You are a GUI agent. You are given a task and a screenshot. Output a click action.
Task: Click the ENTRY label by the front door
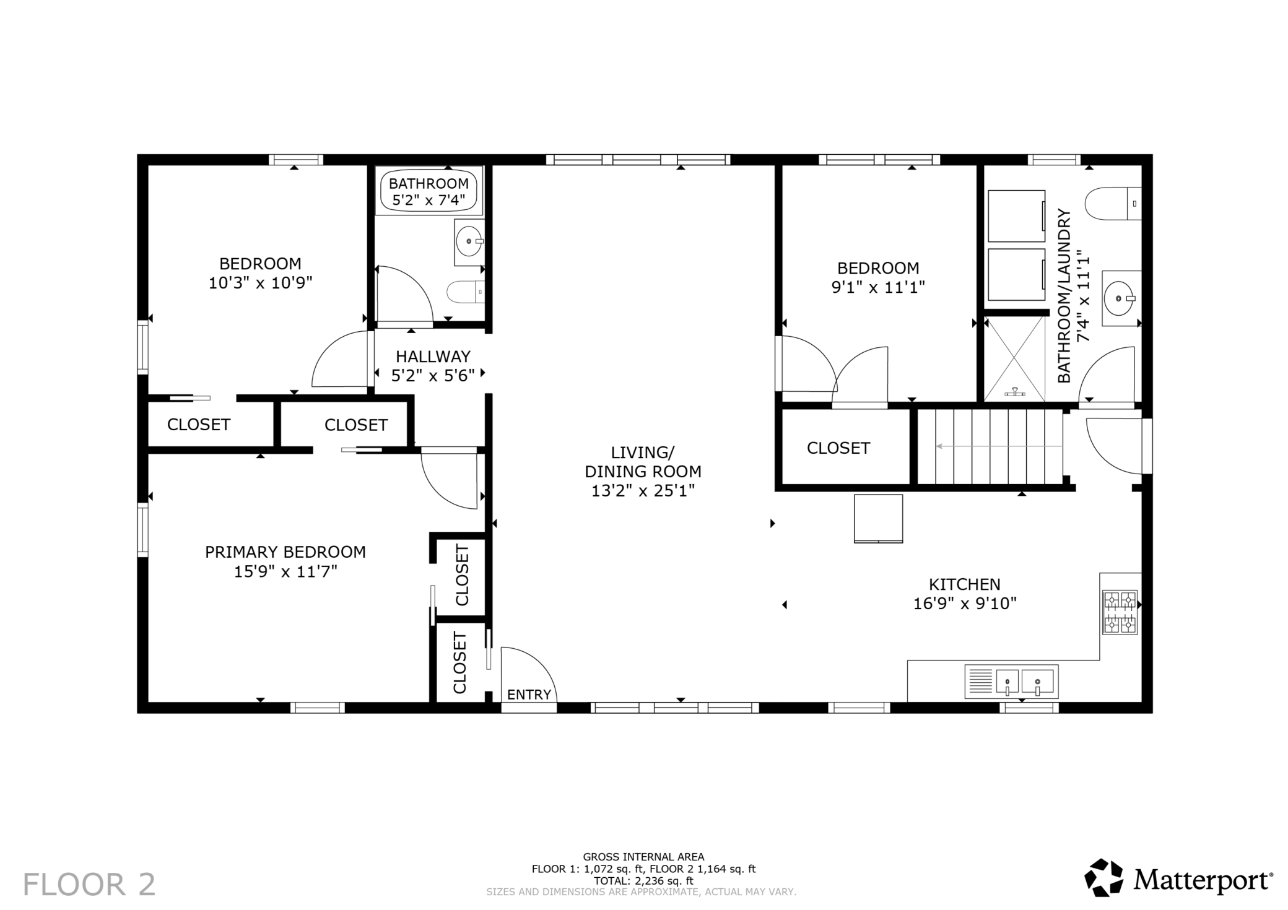[529, 695]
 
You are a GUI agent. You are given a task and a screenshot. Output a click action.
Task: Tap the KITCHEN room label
[964, 584]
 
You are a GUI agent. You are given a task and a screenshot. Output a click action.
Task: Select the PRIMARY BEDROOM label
[285, 552]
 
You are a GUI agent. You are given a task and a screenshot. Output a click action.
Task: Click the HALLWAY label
[433, 357]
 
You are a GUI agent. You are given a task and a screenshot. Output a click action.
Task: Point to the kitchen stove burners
[1120, 612]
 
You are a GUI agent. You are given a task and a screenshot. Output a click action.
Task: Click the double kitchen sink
[1011, 682]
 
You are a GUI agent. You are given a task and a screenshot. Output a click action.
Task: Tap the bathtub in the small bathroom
[429, 191]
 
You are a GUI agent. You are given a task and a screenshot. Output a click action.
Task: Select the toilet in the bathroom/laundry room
[1113, 203]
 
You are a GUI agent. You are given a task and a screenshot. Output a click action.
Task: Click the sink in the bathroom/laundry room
[1121, 298]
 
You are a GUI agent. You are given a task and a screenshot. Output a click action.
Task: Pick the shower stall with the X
[1014, 358]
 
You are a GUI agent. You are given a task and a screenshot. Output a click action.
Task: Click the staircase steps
[990, 446]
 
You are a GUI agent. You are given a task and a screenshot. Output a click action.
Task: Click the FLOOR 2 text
[89, 884]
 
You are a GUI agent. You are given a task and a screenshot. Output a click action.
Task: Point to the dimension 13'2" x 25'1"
[643, 491]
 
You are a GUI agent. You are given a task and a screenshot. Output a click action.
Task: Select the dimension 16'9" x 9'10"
[965, 603]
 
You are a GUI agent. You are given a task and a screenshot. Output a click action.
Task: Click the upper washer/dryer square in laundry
[1016, 216]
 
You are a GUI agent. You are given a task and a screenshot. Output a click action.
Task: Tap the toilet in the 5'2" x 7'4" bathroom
[465, 292]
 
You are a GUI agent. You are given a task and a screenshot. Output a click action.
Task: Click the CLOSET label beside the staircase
[838, 448]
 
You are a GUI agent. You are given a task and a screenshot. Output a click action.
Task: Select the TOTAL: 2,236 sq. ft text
[643, 881]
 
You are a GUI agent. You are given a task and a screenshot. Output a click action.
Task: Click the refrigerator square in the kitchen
[878, 519]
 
